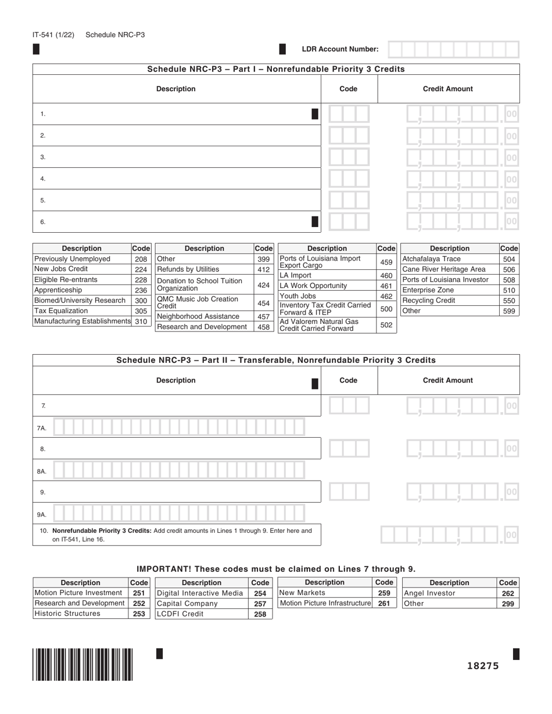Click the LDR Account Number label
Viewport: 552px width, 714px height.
(340, 49)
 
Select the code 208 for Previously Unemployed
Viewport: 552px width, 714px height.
(141, 259)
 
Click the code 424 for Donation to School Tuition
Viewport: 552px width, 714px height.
(263, 285)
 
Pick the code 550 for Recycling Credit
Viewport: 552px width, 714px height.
(509, 301)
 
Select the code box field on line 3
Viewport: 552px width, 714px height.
(349, 157)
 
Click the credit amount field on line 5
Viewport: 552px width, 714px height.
(461, 200)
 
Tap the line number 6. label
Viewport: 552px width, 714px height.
(43, 222)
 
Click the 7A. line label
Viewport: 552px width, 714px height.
(42, 428)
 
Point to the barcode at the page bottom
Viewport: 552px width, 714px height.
(83, 664)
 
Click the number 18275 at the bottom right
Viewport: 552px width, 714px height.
(483, 666)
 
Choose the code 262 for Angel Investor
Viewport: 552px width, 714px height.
(508, 593)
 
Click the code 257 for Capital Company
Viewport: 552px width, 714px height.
(260, 604)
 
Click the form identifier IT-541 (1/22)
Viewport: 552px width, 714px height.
(53, 35)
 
